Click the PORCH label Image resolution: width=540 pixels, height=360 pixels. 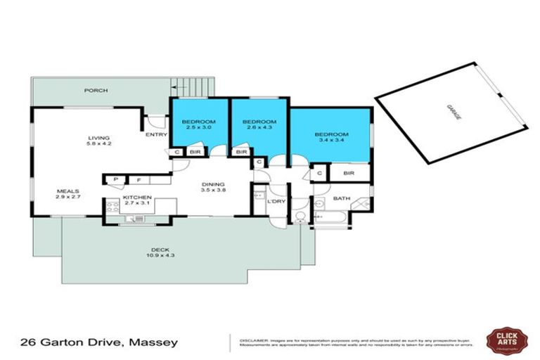pyautogui.click(x=95, y=90)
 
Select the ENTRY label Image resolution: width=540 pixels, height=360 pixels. pyautogui.click(x=155, y=134)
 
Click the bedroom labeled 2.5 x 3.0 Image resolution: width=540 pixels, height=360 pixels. pyautogui.click(x=200, y=125)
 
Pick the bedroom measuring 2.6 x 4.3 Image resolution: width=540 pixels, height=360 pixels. pyautogui.click(x=259, y=125)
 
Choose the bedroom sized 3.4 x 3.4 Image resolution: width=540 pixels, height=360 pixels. pyautogui.click(x=330, y=138)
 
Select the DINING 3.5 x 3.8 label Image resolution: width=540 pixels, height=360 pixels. pyautogui.click(x=212, y=186)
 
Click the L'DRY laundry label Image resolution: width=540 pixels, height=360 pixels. pyautogui.click(x=276, y=202)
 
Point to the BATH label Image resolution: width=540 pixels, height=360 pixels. pyautogui.click(x=342, y=198)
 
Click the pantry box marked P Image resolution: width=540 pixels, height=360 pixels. pyautogui.click(x=114, y=180)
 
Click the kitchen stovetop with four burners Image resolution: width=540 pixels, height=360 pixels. pyautogui.click(x=112, y=207)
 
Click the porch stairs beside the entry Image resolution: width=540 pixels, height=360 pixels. pyautogui.click(x=191, y=87)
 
